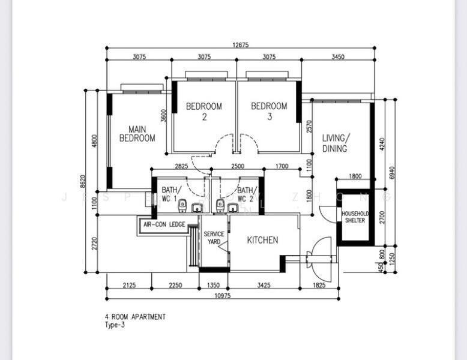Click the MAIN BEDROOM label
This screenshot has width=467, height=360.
137,133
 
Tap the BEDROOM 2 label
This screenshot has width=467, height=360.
203,111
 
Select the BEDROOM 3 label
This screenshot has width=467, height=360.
269,111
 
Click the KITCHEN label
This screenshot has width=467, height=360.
263,240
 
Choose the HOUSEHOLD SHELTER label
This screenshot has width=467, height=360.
355,217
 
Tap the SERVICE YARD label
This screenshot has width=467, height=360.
214,238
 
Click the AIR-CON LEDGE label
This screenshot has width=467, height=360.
164,224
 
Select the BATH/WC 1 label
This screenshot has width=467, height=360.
169,194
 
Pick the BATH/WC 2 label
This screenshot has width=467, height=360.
245,194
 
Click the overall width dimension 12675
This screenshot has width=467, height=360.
240,44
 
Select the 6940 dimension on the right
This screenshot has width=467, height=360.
392,173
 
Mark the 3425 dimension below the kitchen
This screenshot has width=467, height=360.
264,285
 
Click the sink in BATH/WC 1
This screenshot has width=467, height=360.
196,208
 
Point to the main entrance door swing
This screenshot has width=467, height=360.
319,252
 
